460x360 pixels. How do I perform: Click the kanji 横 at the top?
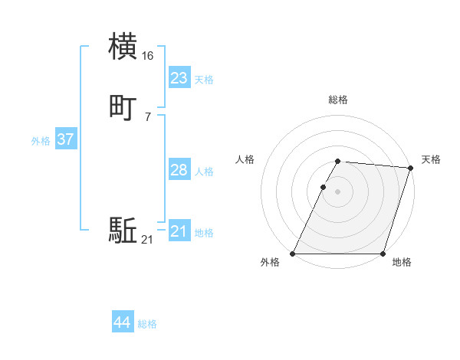point(123,46)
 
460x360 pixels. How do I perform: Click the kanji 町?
point(123,108)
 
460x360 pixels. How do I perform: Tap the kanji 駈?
point(123,231)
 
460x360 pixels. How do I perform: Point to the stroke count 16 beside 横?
point(148,56)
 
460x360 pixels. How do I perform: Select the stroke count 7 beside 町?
point(147,117)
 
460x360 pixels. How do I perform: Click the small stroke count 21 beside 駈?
point(147,241)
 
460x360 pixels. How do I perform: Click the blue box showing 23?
point(179,78)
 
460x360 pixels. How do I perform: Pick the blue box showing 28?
point(179,170)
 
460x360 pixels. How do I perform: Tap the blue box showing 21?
point(179,231)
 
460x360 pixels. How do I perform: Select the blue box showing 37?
point(65,139)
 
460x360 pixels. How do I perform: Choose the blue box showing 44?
point(122,322)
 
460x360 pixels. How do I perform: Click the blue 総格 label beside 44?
point(147,324)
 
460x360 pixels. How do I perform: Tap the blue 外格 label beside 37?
point(41,141)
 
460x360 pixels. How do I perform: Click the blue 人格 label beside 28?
point(204,172)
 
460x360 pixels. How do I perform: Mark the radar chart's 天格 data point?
point(410,169)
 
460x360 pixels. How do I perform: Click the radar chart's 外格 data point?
point(293,254)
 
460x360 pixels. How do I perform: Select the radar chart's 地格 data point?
point(383,254)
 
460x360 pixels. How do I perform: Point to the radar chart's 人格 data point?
point(323,187)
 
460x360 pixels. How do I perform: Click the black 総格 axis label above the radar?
point(338,100)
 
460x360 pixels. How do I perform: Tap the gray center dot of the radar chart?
point(338,191)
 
